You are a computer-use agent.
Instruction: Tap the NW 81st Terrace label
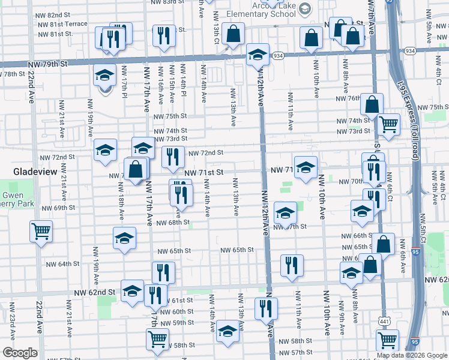63,24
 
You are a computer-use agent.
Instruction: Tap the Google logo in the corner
20,353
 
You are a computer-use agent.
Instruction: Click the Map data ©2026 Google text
412,355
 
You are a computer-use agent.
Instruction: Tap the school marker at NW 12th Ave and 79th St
258,55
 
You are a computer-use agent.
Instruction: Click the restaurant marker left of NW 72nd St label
173,157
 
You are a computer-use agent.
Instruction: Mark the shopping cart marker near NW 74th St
389,124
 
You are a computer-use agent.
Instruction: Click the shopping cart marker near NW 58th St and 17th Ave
157,338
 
